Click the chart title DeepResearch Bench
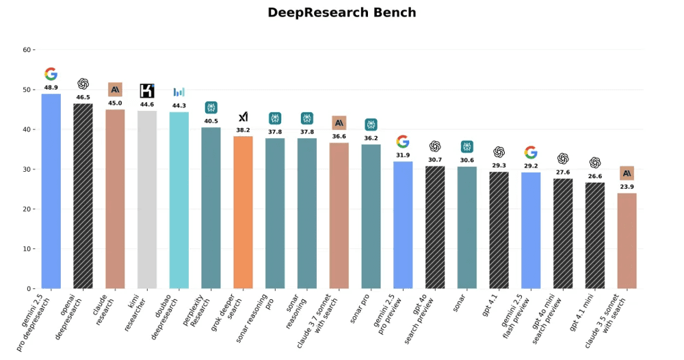click(x=341, y=13)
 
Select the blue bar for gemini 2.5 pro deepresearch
click(x=51, y=191)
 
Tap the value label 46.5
click(x=83, y=98)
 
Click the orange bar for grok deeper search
click(x=243, y=212)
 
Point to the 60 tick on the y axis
click(x=27, y=50)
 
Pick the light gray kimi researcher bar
click(x=147, y=199)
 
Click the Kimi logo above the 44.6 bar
click(x=147, y=91)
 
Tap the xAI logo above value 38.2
click(x=243, y=117)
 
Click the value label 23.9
click(x=627, y=187)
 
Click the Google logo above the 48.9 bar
click(x=51, y=74)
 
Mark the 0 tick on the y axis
click(x=29, y=289)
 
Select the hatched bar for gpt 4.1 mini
click(x=594, y=235)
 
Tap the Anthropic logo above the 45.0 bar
click(x=115, y=90)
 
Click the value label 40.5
click(x=211, y=121)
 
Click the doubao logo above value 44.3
click(x=179, y=92)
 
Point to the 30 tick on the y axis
click(x=27, y=170)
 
